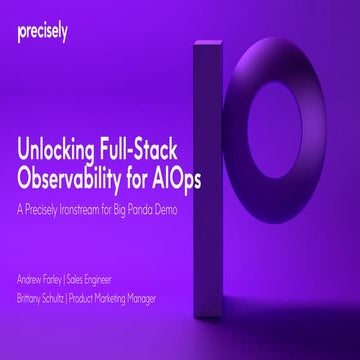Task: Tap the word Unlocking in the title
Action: pyautogui.click(x=59, y=152)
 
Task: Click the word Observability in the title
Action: pyautogui.click(x=83, y=180)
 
